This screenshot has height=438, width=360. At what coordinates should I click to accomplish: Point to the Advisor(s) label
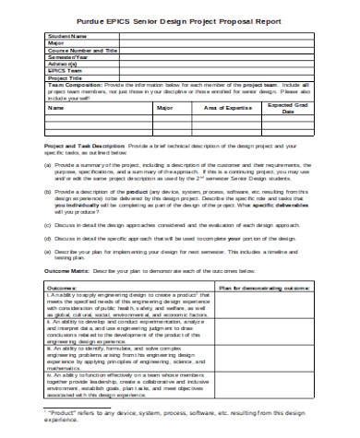pyautogui.click(x=62, y=65)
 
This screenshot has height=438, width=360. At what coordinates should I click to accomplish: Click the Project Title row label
pyautogui.click(x=65, y=78)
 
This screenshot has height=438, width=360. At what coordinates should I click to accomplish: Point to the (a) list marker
pyautogui.click(x=48, y=163)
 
